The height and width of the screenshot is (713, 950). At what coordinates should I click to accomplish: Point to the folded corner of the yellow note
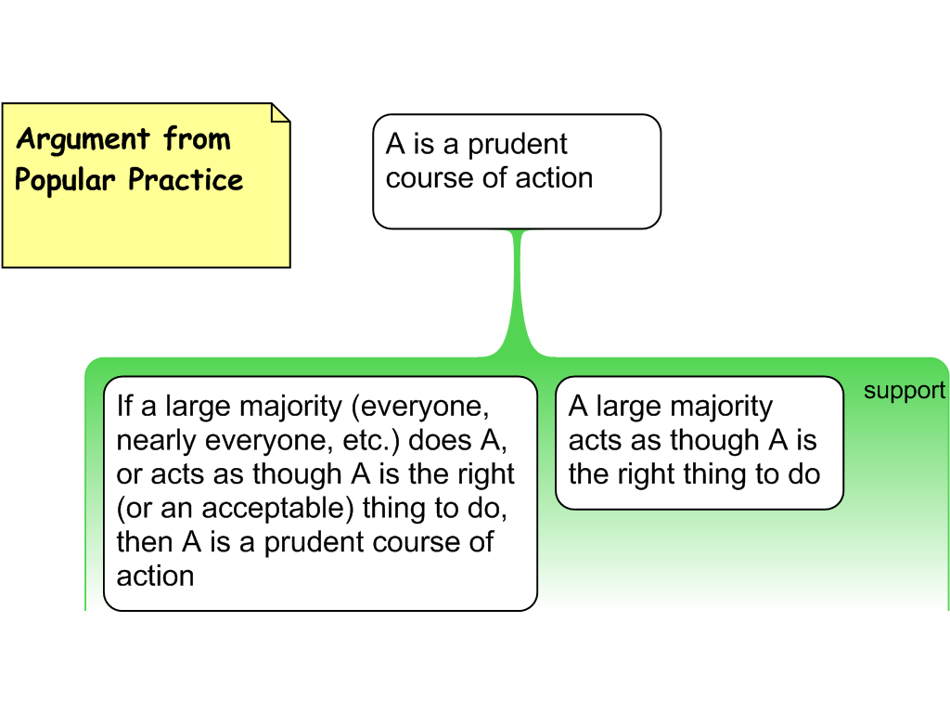(x=279, y=112)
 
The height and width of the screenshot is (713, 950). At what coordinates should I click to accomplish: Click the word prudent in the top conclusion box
(x=517, y=145)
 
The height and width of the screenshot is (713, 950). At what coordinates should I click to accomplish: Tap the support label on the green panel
(x=904, y=391)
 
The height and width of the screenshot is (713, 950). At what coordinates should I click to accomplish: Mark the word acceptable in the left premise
(x=278, y=508)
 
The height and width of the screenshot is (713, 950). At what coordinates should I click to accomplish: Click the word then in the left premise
(x=145, y=542)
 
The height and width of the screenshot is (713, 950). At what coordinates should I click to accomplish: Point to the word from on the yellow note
(x=197, y=140)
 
